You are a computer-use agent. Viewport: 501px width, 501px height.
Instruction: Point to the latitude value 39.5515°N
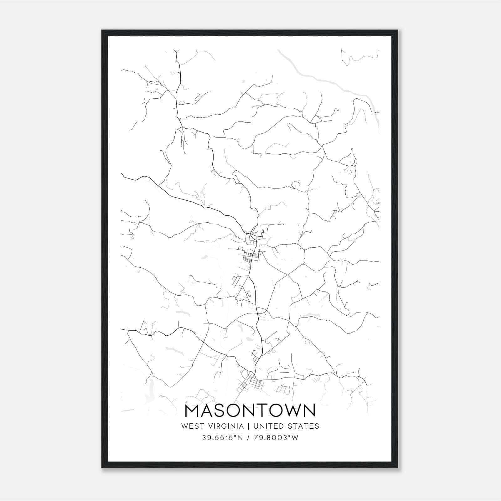coord(223,438)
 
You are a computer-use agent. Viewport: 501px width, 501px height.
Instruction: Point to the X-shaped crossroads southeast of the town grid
coord(287,275)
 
